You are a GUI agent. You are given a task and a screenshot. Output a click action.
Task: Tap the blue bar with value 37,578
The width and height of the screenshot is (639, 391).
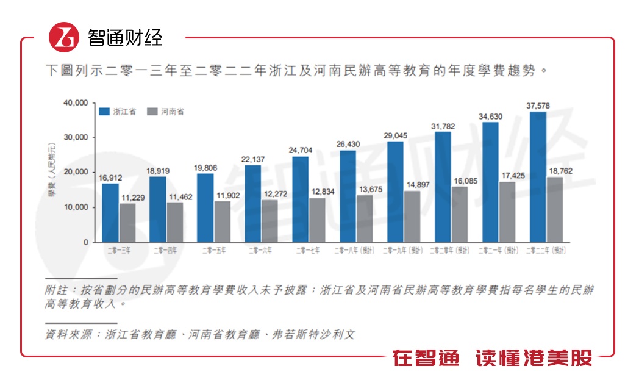coord(538,177)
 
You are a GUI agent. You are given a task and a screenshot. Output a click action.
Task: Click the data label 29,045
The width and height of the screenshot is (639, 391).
coord(395,135)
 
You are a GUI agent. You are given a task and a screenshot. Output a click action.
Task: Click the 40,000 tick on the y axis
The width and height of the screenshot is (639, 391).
coord(76,102)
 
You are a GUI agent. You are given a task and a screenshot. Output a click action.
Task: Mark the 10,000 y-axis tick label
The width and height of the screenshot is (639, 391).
coord(76,207)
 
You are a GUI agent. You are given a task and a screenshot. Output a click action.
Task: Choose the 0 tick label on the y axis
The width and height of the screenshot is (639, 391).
coord(86,242)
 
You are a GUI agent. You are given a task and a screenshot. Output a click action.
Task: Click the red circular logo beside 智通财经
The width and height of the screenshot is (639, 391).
coord(64,37)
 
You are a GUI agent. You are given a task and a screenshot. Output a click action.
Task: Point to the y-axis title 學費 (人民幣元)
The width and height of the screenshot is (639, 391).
coord(53,173)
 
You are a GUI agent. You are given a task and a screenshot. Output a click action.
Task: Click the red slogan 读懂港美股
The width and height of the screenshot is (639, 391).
coord(534,359)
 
